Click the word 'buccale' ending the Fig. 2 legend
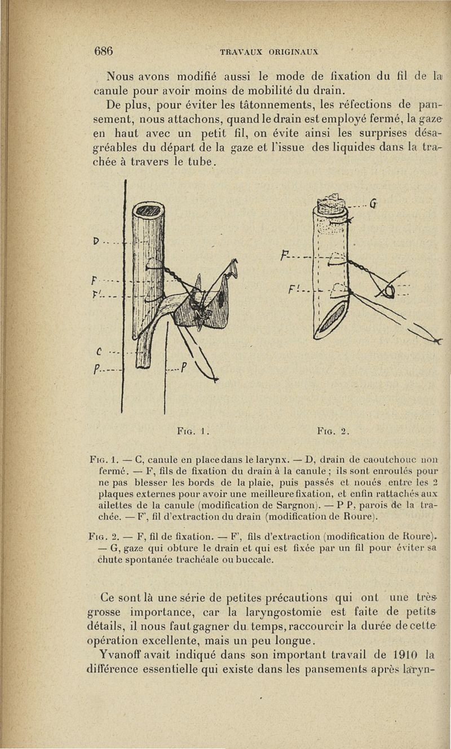[254, 560]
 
